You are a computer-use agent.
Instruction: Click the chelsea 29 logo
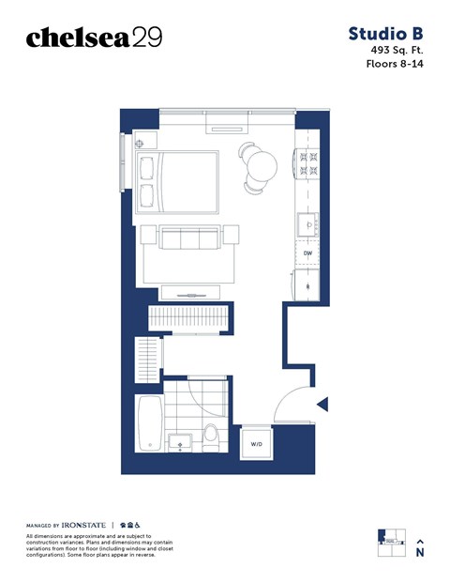(94, 38)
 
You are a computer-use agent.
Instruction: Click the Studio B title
(386, 34)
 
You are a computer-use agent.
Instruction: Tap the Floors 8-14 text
(395, 65)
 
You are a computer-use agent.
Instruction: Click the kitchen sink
(307, 224)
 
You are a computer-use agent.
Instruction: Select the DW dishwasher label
(307, 253)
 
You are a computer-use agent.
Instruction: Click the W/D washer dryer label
(255, 443)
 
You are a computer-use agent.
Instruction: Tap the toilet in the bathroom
(211, 435)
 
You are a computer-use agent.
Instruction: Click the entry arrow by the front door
(322, 405)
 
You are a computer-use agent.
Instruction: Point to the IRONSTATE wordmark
(83, 524)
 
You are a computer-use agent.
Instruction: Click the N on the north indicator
(420, 553)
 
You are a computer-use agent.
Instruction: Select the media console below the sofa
(191, 290)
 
